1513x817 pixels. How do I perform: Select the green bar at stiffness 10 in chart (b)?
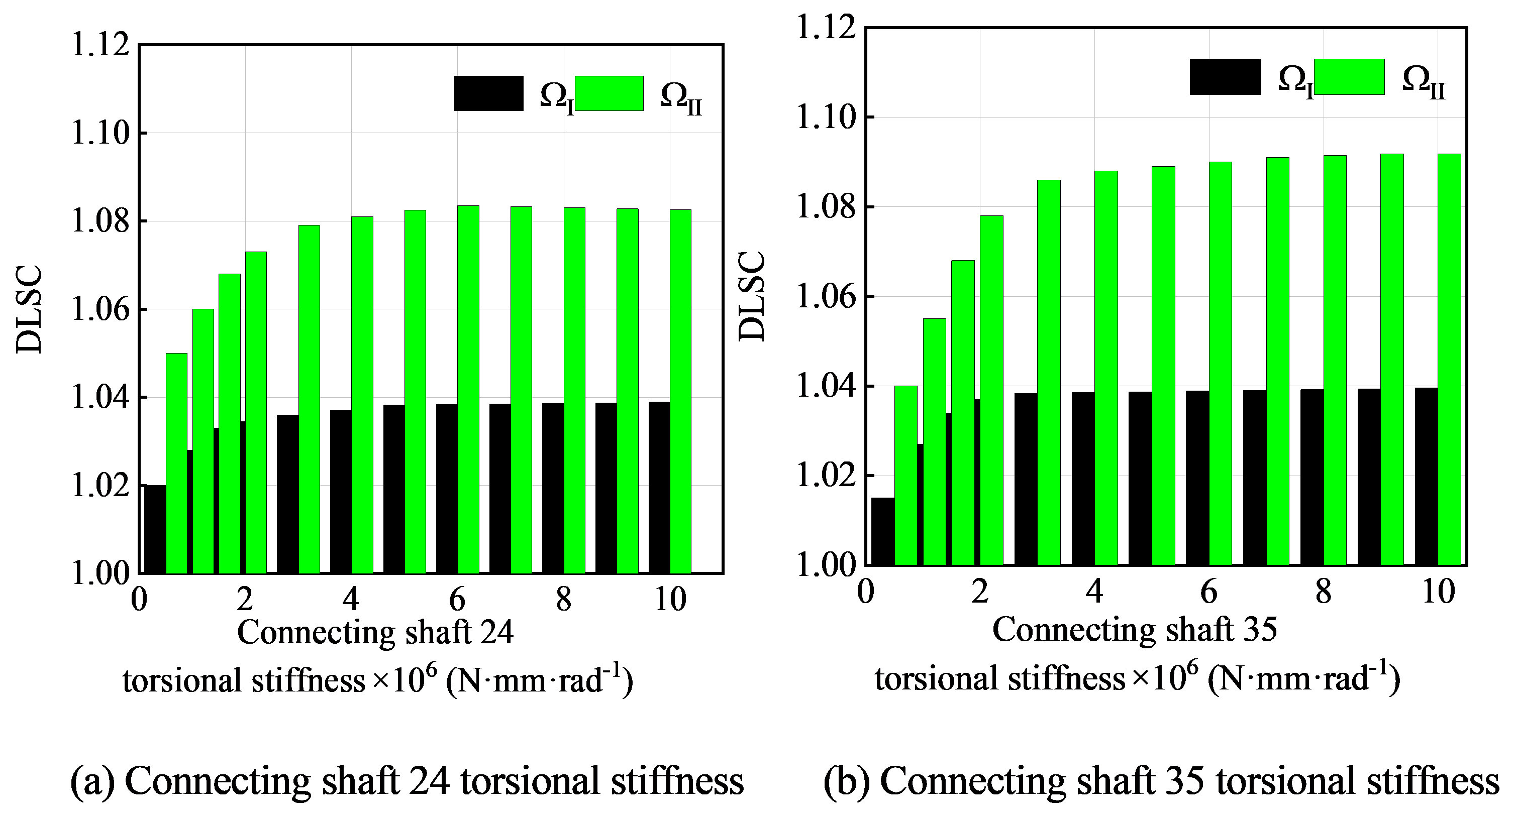pos(1449,359)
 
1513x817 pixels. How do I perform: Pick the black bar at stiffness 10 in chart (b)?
pos(1426,476)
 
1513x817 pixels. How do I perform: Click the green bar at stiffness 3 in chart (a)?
pos(309,399)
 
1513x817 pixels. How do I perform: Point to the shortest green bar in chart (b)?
pos(905,476)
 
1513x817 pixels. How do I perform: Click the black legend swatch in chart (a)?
pos(488,93)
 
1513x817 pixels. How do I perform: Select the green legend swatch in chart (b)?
pos(1349,77)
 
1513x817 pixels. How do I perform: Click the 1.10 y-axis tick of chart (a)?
pos(100,133)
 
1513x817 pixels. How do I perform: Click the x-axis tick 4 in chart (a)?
pos(351,599)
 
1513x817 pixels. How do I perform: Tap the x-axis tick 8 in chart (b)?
pos(1323,592)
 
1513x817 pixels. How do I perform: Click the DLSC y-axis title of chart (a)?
pos(29,309)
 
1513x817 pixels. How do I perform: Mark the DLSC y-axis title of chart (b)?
pos(752,296)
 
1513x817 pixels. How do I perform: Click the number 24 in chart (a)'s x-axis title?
pos(497,633)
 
